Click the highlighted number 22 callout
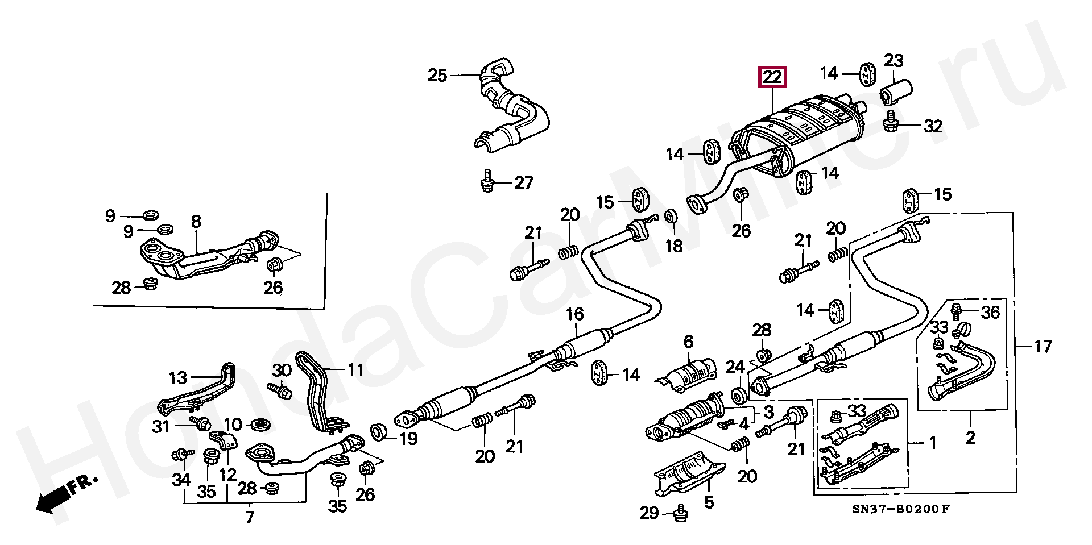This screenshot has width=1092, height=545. (x=772, y=77)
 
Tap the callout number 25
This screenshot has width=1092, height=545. (x=437, y=75)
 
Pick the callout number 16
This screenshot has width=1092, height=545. (x=574, y=314)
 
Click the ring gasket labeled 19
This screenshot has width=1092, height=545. (x=378, y=432)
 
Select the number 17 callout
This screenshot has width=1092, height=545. (x=1043, y=346)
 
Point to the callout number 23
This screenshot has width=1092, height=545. (x=894, y=60)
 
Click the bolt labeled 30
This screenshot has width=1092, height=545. (x=280, y=389)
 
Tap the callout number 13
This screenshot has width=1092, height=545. (x=177, y=377)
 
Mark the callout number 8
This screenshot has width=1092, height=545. (x=196, y=222)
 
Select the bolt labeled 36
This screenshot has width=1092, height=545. (x=957, y=310)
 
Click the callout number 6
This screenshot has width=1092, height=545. (x=688, y=342)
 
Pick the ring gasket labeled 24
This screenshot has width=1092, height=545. (x=738, y=394)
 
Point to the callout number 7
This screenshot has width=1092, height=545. (x=250, y=517)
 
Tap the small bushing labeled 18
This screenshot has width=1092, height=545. (x=671, y=217)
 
